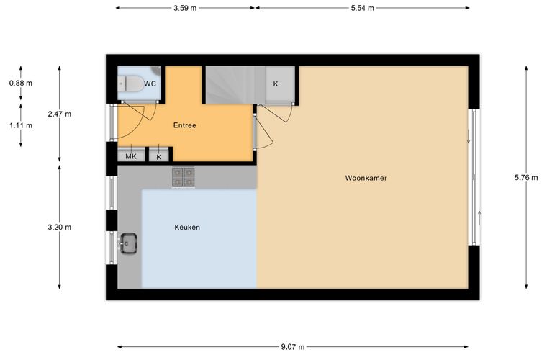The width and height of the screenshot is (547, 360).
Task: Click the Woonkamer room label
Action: click(366, 178)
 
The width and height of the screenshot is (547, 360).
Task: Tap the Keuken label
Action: click(187, 228)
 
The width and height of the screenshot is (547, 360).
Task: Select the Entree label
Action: click(184, 125)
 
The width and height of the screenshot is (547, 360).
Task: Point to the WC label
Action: click(150, 84)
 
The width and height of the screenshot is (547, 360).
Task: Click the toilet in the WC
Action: click(130, 84)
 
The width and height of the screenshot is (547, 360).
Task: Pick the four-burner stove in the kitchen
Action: click(183, 177)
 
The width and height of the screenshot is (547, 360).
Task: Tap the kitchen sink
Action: click(128, 243)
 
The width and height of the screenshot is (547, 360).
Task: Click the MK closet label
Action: click(131, 157)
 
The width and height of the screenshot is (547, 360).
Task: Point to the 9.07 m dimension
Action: click(293, 347)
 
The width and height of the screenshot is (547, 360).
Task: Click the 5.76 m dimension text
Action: click(526, 178)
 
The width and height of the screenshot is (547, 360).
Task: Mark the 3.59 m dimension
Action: click(185, 8)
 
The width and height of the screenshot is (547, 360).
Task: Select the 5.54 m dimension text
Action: click(363, 8)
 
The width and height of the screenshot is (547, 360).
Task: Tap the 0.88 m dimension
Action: click(21, 83)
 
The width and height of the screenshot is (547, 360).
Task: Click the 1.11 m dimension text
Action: click(21, 125)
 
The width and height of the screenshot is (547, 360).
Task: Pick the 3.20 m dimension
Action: click(59, 228)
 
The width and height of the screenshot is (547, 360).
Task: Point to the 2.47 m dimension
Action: click(59, 114)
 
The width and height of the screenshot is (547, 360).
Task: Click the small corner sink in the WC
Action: click(157, 70)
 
